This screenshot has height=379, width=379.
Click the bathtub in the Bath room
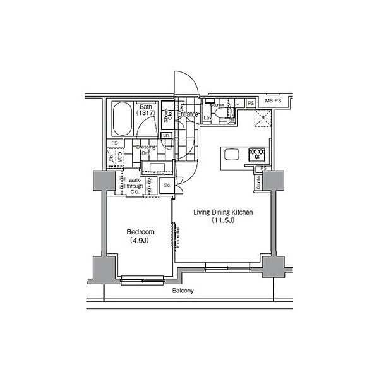[121, 119]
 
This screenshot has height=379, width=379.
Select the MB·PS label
[273, 102]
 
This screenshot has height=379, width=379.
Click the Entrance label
[188, 115]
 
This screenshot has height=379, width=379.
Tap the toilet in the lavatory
[219, 114]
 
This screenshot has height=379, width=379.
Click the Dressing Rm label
[147, 150]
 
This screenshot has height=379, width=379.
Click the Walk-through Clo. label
[135, 186]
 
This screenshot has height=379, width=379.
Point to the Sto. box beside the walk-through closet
[167, 186]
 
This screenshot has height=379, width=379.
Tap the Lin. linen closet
[166, 136]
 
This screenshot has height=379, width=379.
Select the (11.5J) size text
[223, 222]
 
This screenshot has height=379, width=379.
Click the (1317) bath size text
[147, 114]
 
